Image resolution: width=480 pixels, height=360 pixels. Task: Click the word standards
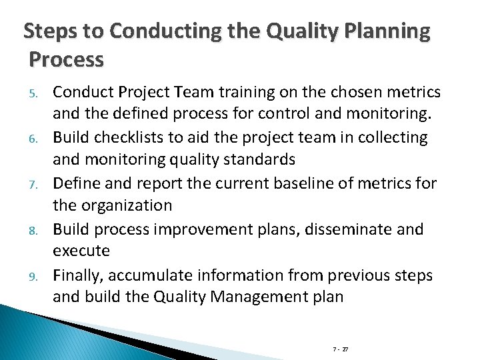tap(255, 159)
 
